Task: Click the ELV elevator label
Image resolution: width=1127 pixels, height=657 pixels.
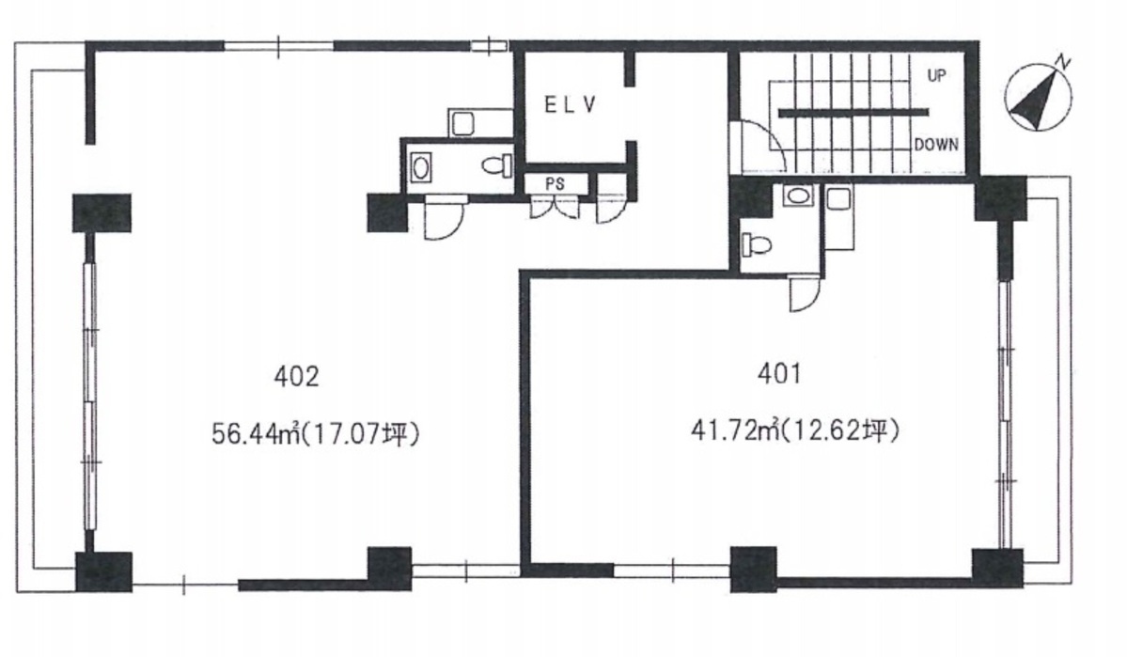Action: tap(570, 105)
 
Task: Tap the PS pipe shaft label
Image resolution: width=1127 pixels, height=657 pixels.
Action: tap(555, 183)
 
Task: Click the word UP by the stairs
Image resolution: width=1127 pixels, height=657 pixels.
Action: tap(936, 75)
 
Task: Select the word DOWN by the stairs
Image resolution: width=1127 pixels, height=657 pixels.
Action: tap(936, 145)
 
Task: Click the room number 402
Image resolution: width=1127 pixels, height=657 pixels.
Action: tap(296, 376)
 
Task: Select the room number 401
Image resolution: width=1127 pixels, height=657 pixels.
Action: tap(779, 373)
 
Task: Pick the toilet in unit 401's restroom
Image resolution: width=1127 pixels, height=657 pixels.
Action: tap(756, 245)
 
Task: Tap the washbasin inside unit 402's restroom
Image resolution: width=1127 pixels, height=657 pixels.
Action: tap(421, 168)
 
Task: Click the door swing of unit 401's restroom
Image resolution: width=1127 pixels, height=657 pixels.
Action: tap(805, 294)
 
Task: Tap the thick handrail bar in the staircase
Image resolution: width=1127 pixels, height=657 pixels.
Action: tap(853, 112)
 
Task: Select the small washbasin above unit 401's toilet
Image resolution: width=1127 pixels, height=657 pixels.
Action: tap(797, 195)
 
